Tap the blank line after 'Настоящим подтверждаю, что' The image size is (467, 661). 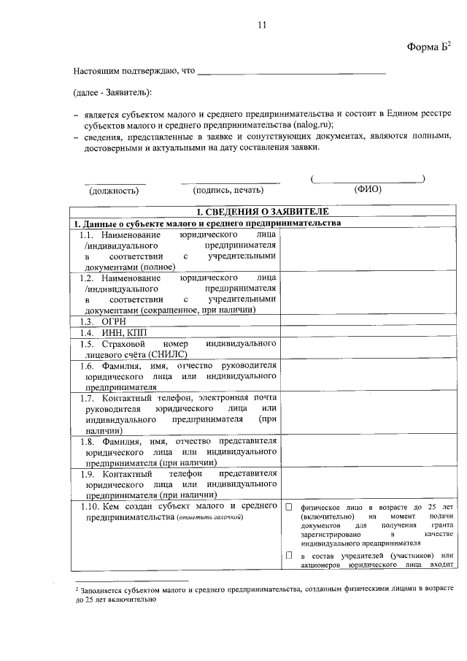[291, 72]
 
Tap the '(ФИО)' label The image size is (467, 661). [368, 189]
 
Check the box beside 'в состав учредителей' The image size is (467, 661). [289, 556]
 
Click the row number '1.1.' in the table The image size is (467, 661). [88, 236]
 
